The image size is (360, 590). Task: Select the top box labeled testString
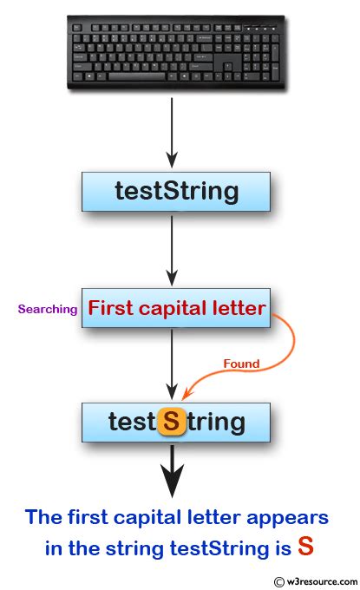[x=176, y=191]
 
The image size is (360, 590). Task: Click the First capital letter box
[x=176, y=307]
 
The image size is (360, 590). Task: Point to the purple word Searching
[x=47, y=309]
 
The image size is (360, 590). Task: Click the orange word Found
[x=241, y=364]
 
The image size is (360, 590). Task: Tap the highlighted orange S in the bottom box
[x=173, y=423]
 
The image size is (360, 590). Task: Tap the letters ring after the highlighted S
[x=213, y=423]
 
